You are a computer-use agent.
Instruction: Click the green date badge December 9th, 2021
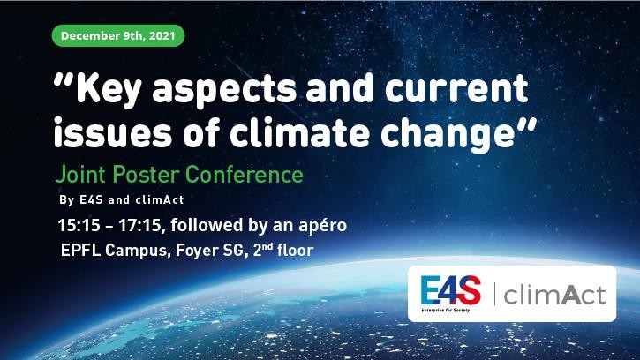click(118, 35)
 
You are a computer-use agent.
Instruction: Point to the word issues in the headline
click(113, 131)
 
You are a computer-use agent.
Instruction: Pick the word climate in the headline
click(299, 131)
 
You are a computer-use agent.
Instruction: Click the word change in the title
click(447, 135)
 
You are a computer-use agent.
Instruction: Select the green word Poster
click(146, 175)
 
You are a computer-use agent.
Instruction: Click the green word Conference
click(245, 175)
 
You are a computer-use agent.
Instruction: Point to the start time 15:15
click(79, 225)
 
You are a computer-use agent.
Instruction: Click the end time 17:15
click(139, 225)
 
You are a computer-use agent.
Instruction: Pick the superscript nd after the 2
click(267, 246)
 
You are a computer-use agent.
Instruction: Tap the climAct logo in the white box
click(554, 295)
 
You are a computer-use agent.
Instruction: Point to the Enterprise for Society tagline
click(445, 311)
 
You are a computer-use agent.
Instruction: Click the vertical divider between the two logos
click(494, 294)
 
